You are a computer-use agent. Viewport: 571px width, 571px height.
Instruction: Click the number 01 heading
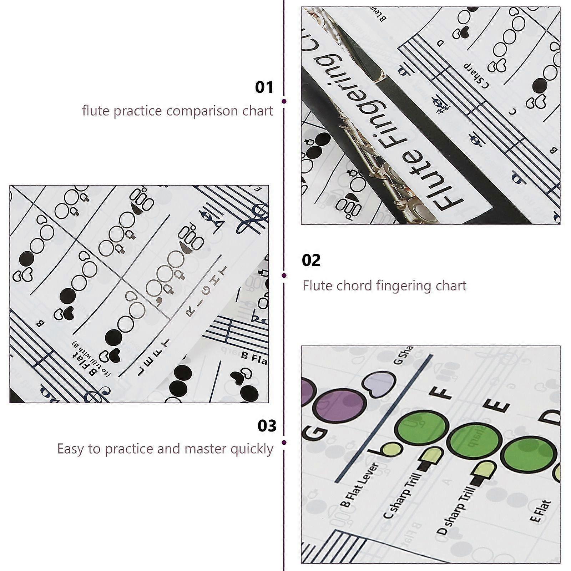[x=264, y=87]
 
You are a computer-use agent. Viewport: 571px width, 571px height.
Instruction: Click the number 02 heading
[x=311, y=261]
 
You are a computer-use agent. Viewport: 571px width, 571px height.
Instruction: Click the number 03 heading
[x=267, y=426]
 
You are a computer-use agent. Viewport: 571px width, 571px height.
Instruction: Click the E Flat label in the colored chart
[x=541, y=512]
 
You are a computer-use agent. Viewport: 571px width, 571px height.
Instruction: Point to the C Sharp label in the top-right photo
[x=477, y=75]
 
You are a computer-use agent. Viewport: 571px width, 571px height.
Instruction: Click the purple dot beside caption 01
[x=284, y=101]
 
